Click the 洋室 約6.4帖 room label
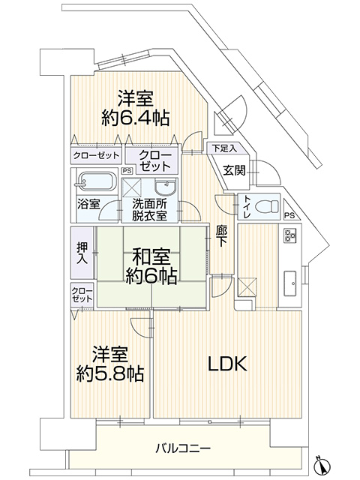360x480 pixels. click(135, 108)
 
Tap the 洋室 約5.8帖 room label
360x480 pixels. click(110, 364)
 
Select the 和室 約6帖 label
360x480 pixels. click(151, 266)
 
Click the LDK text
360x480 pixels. click(228, 364)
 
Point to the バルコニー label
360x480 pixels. click(183, 449)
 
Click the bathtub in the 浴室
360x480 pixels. click(95, 183)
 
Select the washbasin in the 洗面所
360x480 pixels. click(166, 186)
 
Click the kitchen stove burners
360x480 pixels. click(290, 235)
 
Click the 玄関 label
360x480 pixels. click(235, 170)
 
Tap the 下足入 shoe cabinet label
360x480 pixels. click(225, 148)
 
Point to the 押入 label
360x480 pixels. click(82, 253)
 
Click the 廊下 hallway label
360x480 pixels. click(221, 237)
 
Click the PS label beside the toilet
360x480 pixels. click(289, 216)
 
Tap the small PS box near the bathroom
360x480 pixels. click(127, 171)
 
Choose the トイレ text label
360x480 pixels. click(247, 207)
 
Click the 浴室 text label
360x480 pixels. click(88, 204)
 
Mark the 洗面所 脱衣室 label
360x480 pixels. click(149, 210)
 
